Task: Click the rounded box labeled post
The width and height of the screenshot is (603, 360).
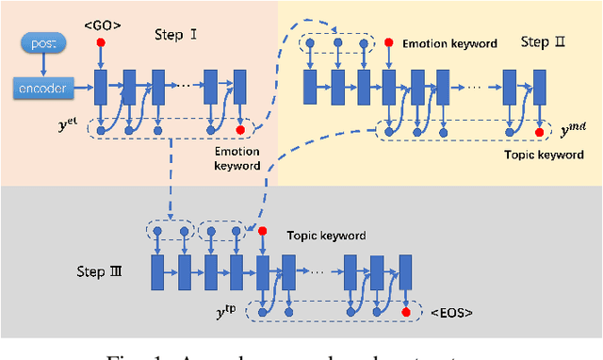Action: (x=41, y=43)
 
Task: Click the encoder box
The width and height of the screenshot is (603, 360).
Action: (x=43, y=89)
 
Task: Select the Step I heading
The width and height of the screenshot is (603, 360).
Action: (x=175, y=35)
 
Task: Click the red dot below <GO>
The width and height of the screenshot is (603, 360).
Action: (x=100, y=43)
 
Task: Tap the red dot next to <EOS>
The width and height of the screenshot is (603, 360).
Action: (x=406, y=311)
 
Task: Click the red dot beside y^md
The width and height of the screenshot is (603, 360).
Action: (x=540, y=132)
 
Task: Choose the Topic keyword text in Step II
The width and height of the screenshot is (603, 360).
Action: (x=545, y=154)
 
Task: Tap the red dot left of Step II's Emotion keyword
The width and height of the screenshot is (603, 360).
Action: (x=388, y=42)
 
